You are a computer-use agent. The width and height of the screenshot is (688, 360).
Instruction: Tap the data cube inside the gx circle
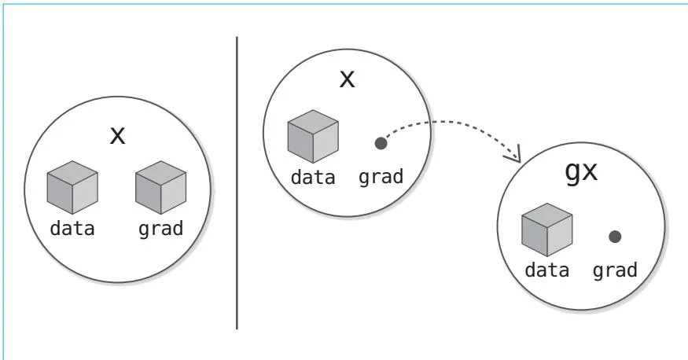click(x=546, y=230)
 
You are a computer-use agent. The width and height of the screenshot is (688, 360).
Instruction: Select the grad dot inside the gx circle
click(x=615, y=236)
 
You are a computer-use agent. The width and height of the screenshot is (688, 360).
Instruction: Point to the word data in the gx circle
click(x=546, y=270)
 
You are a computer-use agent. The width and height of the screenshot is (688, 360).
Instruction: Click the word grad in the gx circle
click(x=615, y=270)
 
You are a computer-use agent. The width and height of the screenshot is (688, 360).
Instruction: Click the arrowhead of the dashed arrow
click(x=517, y=157)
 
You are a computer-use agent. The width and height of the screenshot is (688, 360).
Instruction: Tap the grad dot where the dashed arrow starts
click(x=381, y=144)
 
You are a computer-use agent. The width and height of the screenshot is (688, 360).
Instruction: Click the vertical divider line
click(x=237, y=181)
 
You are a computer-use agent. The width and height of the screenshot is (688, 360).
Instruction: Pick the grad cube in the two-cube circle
click(x=160, y=189)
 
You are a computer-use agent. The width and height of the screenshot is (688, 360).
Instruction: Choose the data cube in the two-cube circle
click(x=72, y=189)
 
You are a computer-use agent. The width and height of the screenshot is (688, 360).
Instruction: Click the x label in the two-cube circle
click(x=117, y=135)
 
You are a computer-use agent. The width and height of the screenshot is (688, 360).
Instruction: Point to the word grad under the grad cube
click(x=160, y=230)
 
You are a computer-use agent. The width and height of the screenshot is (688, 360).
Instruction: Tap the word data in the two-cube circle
click(x=72, y=230)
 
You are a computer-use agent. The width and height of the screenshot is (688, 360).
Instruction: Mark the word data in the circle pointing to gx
click(x=313, y=178)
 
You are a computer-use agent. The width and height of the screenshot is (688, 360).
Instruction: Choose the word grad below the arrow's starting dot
click(x=381, y=178)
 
